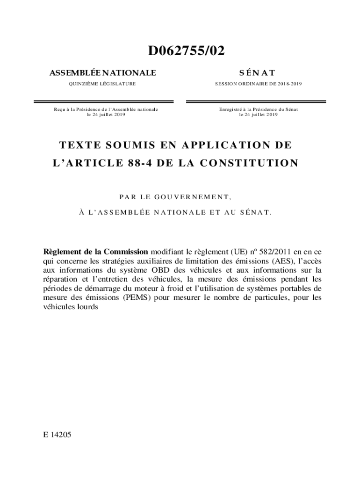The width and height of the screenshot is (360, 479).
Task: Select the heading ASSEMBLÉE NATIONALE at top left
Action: coord(102,73)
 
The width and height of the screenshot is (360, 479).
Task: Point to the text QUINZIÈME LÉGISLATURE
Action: coord(102,84)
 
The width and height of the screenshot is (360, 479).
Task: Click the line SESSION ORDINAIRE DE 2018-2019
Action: coord(258,84)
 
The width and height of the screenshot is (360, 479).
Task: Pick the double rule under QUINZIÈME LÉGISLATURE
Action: coord(103,101)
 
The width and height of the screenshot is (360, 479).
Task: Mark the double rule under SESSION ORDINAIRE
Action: coord(259,101)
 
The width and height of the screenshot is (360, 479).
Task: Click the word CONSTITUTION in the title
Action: coord(252,163)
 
